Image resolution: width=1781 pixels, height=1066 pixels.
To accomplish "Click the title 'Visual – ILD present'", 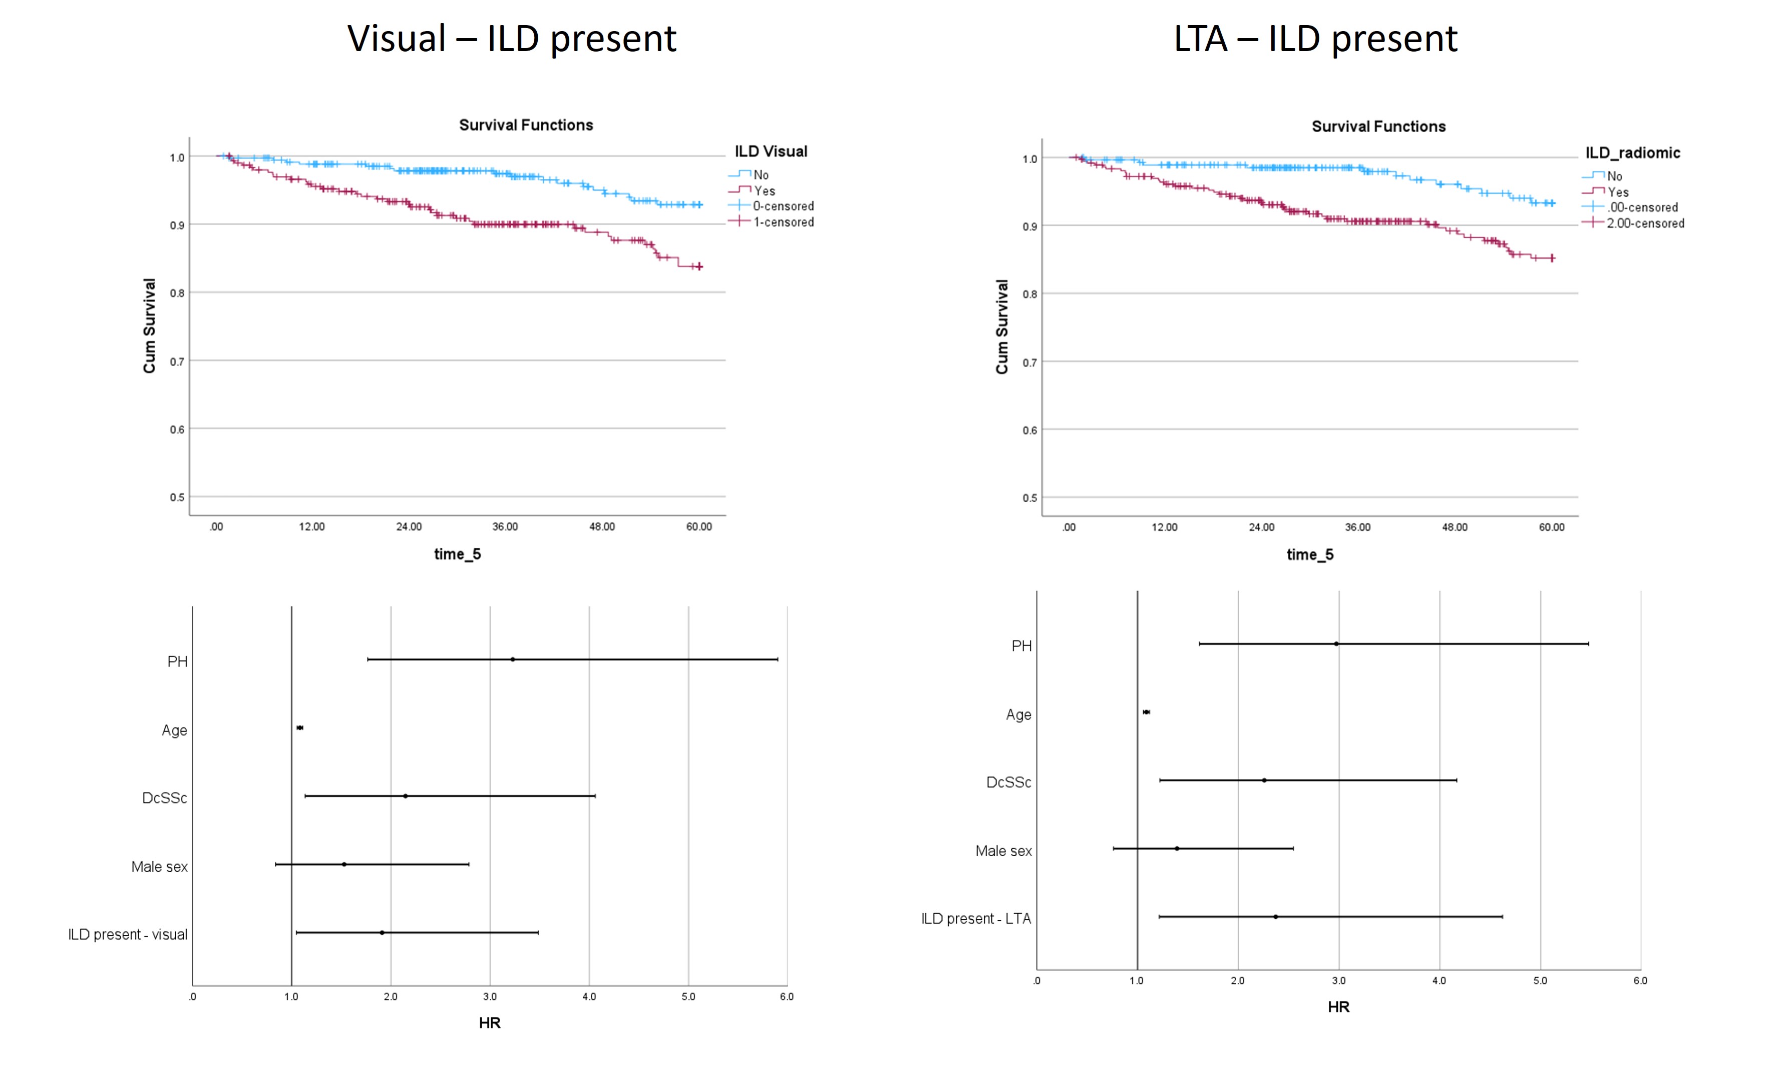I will pyautogui.click(x=511, y=39).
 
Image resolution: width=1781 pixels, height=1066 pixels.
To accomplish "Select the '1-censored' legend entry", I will pyautogui.click(x=783, y=222).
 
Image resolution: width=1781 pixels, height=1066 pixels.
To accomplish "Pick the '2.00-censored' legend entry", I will pyautogui.click(x=1644, y=223).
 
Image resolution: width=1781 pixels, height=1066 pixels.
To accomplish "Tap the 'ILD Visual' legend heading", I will pyautogui.click(x=770, y=152).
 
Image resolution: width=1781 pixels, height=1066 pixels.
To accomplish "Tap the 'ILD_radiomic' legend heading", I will pyautogui.click(x=1632, y=153).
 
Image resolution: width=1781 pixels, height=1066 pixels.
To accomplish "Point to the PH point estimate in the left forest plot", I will pyautogui.click(x=513, y=659).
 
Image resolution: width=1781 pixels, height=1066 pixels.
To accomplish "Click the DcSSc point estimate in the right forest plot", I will pyautogui.click(x=1264, y=780).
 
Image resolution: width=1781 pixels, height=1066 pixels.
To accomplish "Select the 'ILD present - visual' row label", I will pyautogui.click(x=128, y=934).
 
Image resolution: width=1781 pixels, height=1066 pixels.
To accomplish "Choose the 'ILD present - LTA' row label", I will pyautogui.click(x=976, y=919).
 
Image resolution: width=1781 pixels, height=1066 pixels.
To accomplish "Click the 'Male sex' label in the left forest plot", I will pyautogui.click(x=159, y=867).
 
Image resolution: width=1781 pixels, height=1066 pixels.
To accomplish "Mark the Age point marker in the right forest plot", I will pyautogui.click(x=1146, y=712).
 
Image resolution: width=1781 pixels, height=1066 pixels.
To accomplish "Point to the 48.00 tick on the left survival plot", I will pyautogui.click(x=602, y=527).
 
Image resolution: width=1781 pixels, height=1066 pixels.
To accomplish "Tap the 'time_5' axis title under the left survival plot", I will pyautogui.click(x=458, y=554).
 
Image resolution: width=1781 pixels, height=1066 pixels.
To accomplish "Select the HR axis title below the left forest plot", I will pyautogui.click(x=490, y=1023).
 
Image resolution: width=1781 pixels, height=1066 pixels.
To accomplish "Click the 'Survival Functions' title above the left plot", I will pyautogui.click(x=526, y=125).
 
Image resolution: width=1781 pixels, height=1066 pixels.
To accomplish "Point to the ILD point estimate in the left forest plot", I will pyautogui.click(x=382, y=932).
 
